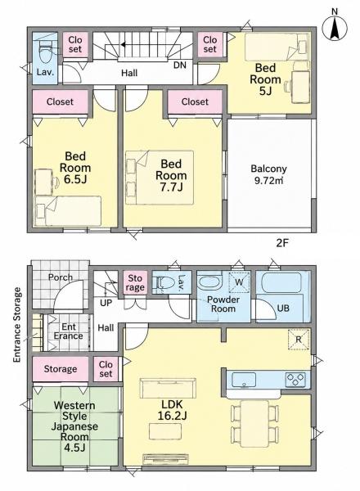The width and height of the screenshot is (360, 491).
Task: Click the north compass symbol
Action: click(x=335, y=27)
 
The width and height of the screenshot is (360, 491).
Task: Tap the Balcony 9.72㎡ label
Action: click(x=268, y=174)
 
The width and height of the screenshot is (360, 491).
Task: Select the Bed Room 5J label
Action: click(x=265, y=79)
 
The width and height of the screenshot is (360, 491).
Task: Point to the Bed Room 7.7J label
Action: click(x=171, y=175)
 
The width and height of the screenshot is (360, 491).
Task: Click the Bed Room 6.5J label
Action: click(x=75, y=168)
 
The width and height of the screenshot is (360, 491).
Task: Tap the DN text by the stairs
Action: click(x=180, y=65)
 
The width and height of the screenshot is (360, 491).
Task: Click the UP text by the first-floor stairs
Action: click(x=106, y=303)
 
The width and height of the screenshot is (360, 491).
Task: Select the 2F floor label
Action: click(x=281, y=243)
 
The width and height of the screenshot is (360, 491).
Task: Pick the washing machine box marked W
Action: click(x=239, y=282)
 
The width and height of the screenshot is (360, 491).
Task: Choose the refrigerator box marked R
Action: click(x=299, y=339)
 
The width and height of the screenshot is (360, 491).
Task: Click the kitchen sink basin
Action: click(x=244, y=380)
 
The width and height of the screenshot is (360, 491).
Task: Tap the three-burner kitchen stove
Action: click(x=295, y=380)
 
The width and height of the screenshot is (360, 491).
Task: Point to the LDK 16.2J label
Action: click(x=172, y=410)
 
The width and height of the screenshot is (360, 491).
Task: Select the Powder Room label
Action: click(x=223, y=304)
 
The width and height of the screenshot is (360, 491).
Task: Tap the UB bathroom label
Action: click(x=283, y=309)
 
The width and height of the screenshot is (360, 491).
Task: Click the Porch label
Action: click(x=60, y=277)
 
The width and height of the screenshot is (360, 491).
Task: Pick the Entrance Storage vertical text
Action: click(x=17, y=325)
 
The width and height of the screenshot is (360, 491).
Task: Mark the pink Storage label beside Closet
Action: click(x=60, y=369)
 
